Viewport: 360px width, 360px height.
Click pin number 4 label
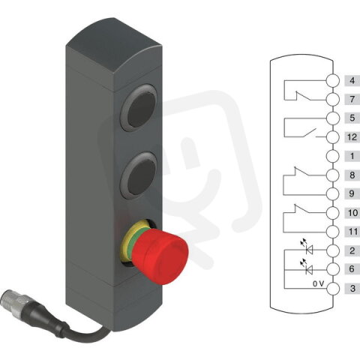coord(351,80)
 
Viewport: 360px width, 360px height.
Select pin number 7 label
coord(351,99)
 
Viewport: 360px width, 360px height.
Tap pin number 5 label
coord(351,118)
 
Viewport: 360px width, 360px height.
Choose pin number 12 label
coord(351,136)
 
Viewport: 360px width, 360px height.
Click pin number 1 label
coord(351,156)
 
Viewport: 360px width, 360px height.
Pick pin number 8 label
coord(351,175)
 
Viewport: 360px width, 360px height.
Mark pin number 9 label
coord(351,193)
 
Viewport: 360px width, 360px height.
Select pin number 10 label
coord(351,212)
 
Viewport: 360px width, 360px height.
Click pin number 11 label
coord(351,231)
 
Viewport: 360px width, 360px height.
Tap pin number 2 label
coord(351,250)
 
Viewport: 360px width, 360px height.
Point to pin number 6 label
coord(351,268)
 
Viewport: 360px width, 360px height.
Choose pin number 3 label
coord(351,288)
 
